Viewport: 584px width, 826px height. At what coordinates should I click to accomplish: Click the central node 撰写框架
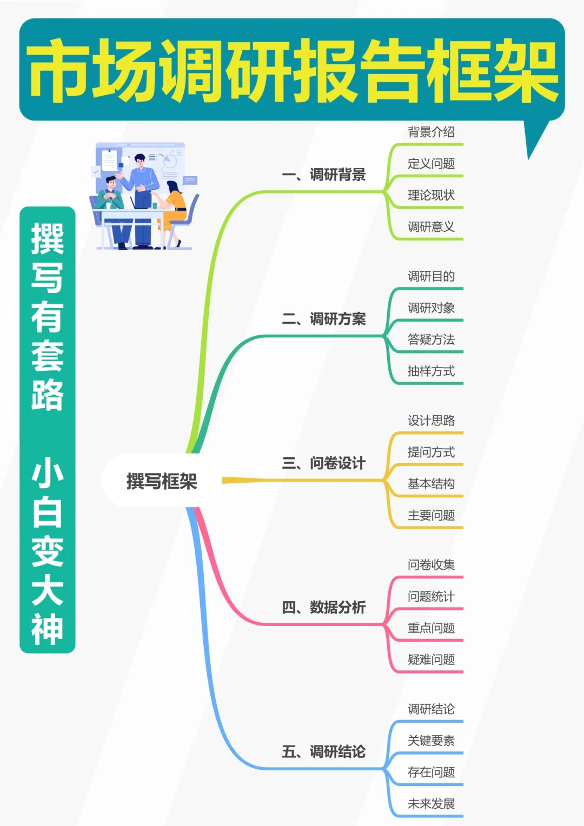point(161,481)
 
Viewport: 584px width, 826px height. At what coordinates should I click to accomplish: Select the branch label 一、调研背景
point(323,175)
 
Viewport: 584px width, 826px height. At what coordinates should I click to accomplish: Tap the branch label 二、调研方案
point(323,319)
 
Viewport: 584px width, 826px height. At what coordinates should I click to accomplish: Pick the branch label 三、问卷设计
point(323,463)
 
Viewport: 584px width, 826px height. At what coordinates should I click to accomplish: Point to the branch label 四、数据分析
point(323,608)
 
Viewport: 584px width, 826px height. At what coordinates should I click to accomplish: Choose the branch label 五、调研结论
point(323,751)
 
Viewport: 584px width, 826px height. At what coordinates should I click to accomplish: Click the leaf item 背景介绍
point(431,132)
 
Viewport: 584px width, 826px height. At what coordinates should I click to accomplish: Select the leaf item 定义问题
point(431,163)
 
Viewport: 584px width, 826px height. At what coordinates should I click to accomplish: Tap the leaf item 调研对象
point(431,308)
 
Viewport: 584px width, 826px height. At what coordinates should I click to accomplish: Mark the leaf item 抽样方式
point(431,371)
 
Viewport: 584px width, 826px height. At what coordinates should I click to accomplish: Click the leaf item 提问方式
point(431,452)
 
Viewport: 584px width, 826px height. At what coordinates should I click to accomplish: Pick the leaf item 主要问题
point(431,515)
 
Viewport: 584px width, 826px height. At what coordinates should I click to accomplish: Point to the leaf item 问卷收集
point(431,565)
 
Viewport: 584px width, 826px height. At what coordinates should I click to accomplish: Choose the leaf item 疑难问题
point(431,660)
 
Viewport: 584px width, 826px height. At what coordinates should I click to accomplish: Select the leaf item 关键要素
point(431,741)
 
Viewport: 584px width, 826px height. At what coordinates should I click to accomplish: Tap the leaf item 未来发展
point(431,804)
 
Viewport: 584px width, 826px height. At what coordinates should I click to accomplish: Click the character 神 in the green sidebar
point(48,629)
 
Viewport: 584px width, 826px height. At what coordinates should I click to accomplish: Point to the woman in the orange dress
point(174,208)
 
